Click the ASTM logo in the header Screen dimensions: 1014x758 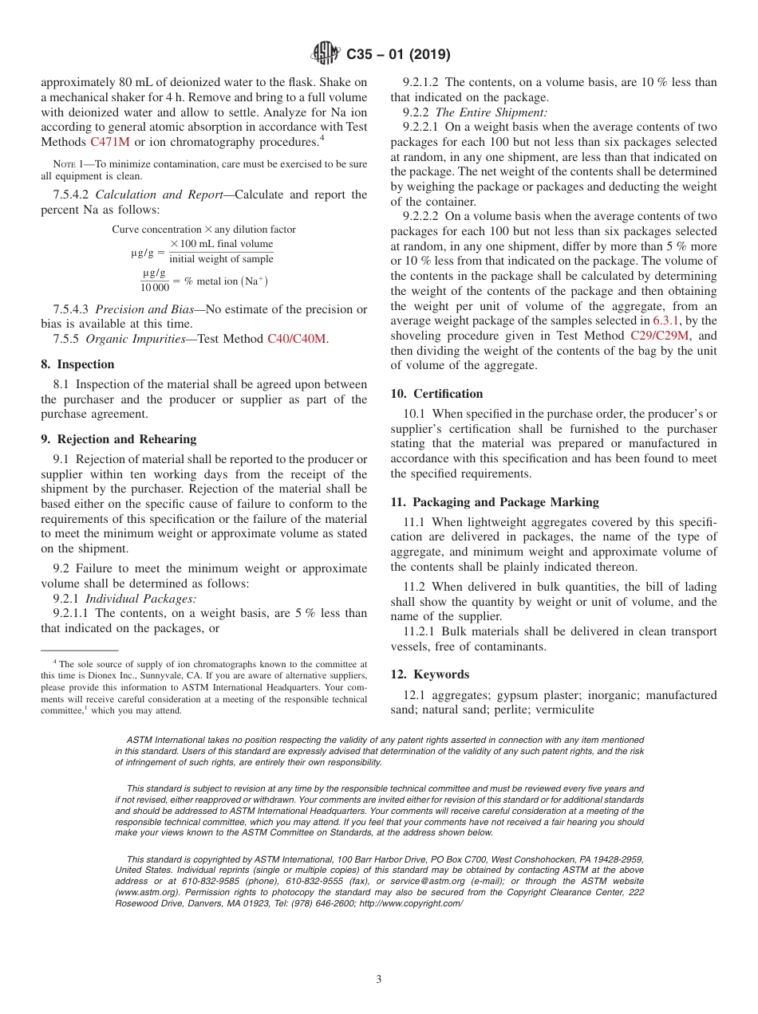[325, 55]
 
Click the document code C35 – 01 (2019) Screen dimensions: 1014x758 [398, 55]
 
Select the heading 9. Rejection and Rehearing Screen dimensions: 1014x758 [118, 439]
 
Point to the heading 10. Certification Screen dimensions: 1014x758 [436, 394]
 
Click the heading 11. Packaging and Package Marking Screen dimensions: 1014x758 [495, 502]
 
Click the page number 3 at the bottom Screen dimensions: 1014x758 [379, 980]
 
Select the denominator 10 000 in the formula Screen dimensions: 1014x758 [154, 288]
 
